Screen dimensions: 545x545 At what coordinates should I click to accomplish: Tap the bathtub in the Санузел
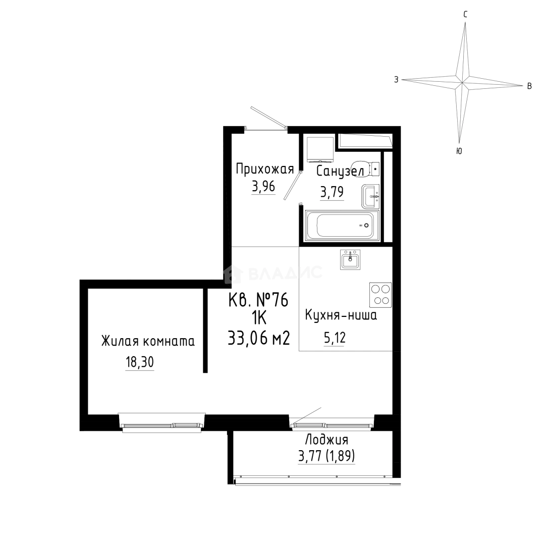tap(342, 225)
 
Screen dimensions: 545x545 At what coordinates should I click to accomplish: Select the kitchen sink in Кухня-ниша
tap(350, 259)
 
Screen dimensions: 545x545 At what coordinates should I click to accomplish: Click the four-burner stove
tap(380, 294)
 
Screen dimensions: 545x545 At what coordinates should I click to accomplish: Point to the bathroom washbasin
tap(370, 196)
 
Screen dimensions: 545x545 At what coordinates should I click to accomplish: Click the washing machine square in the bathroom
tap(320, 148)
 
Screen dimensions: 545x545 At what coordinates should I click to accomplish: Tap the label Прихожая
tap(265, 169)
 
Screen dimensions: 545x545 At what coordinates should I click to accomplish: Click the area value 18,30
tap(139, 362)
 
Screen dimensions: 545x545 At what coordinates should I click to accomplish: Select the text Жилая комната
tap(148, 341)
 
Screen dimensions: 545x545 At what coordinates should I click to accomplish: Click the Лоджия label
tap(326, 440)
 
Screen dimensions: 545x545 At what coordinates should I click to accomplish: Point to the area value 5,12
tap(335, 338)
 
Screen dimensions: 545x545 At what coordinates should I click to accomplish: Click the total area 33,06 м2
tap(259, 338)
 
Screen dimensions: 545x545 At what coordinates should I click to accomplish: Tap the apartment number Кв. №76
tap(258, 300)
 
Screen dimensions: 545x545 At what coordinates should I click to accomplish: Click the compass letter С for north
tap(465, 14)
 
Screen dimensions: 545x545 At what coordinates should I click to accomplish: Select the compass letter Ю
tap(459, 151)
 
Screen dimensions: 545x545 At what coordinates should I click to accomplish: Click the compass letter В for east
tap(529, 86)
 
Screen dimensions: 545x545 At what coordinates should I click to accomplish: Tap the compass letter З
tap(396, 80)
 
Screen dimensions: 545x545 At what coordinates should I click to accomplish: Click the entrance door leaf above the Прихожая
tap(268, 117)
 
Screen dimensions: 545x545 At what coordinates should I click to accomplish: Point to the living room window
tap(162, 423)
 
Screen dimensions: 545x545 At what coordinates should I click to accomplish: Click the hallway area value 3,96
tap(263, 187)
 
